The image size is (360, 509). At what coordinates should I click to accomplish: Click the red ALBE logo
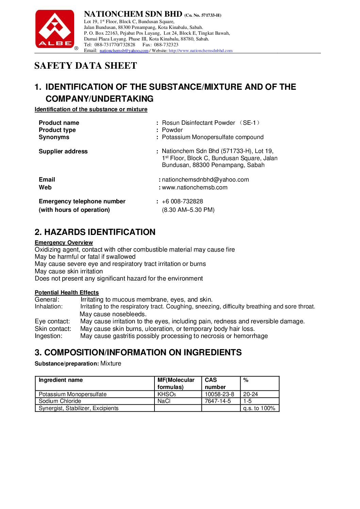coord(55,29)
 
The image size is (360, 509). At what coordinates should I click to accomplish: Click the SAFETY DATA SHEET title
coord(85,66)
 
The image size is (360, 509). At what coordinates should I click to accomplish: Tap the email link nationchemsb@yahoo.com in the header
coord(124,51)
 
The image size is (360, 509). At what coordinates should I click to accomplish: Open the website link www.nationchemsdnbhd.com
coord(200,51)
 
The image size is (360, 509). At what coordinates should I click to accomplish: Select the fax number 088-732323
coord(166,45)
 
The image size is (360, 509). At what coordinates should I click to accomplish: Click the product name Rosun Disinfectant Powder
coord(198,123)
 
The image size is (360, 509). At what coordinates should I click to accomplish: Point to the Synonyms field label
coord(54,137)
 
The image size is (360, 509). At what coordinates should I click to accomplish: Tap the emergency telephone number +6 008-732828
coord(182,201)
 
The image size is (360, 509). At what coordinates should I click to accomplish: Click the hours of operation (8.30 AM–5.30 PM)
coord(188,210)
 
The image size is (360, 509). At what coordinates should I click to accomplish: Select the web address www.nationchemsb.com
coord(195,187)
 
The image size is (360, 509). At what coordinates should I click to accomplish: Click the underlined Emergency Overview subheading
coord(64,242)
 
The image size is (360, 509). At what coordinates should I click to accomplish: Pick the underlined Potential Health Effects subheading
coord(67,292)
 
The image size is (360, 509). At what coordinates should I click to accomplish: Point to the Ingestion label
coord(49,336)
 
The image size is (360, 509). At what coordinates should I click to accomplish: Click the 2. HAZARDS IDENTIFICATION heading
coord(95,232)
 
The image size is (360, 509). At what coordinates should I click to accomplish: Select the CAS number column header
coord(215,383)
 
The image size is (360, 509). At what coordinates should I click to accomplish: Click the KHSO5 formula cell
coord(167,394)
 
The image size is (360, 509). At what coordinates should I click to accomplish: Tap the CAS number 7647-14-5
coord(218,401)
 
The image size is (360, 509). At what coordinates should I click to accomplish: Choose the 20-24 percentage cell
coord(250,394)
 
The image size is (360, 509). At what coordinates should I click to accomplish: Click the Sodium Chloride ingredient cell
coord(60,401)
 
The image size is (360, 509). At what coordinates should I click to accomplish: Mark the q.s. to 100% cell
coord(259,408)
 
